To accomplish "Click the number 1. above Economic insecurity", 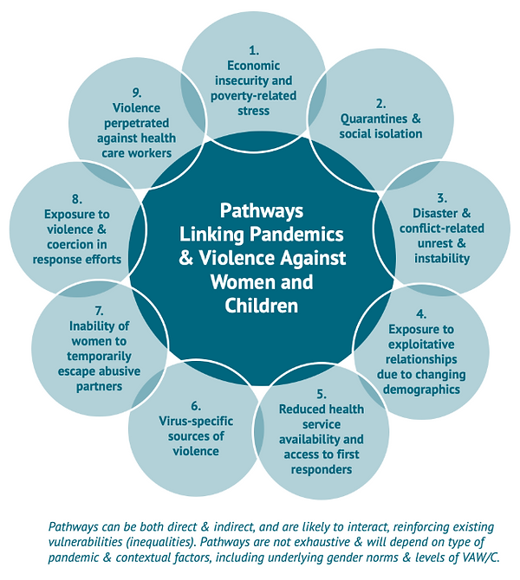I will [x=254, y=49].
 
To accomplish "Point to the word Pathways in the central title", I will [x=260, y=210].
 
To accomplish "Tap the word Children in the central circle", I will [x=261, y=305].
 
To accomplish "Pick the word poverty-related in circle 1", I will [x=254, y=96].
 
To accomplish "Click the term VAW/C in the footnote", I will [x=491, y=559].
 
